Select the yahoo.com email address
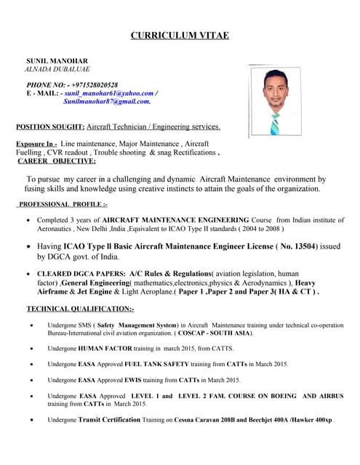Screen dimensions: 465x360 pos(109,94)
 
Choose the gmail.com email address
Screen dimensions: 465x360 pos(107,102)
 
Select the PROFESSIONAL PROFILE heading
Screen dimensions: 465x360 pos(63,205)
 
